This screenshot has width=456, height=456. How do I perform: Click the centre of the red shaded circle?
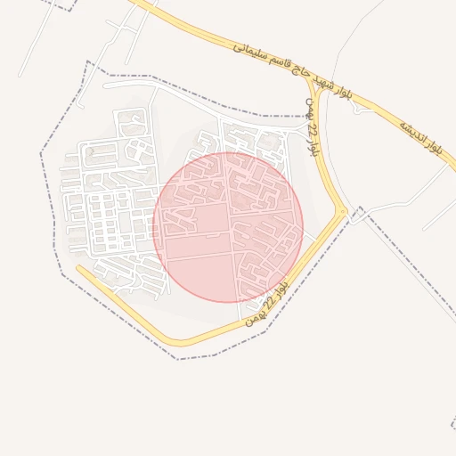pyautogui.click(x=228, y=226)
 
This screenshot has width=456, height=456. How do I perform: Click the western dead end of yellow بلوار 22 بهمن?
pyautogui.click(x=78, y=267)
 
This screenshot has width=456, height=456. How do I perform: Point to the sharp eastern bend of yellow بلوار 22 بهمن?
pyautogui.click(x=345, y=211)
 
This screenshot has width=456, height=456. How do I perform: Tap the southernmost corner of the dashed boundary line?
pyautogui.click(x=178, y=360)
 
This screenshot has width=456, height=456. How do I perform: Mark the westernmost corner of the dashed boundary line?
pyautogui.click(x=41, y=153)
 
